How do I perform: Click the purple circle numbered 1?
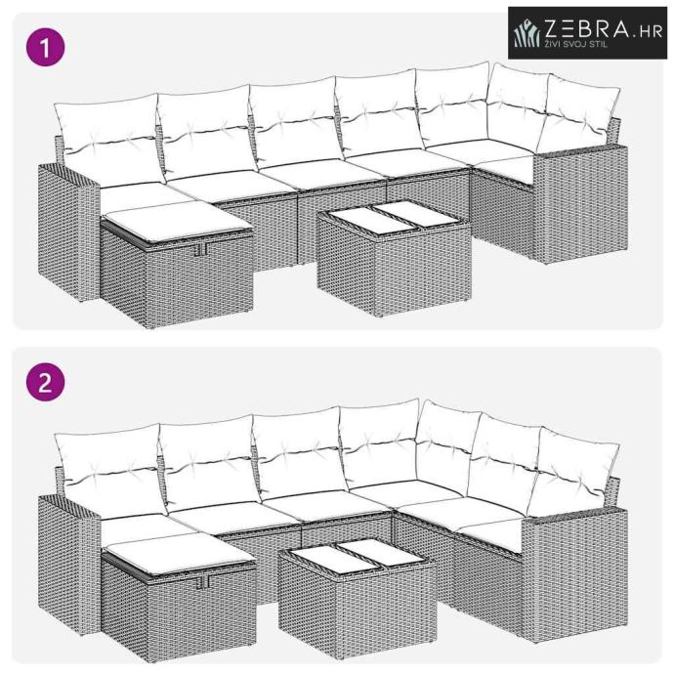(46, 47)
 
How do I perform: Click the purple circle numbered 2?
(46, 382)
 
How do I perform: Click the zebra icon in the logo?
(527, 33)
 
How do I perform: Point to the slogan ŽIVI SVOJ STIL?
(576, 44)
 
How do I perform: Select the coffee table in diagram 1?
(394, 258)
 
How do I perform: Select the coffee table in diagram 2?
(358, 593)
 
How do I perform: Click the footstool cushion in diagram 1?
(177, 222)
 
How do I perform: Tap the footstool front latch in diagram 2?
(203, 582)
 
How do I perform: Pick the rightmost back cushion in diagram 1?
(578, 114)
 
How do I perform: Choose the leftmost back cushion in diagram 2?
(111, 471)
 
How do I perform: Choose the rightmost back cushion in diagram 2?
(573, 472)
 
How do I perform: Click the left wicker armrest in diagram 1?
(68, 232)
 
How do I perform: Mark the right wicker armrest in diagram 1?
(580, 204)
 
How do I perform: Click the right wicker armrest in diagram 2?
(574, 573)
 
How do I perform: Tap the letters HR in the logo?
(652, 31)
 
